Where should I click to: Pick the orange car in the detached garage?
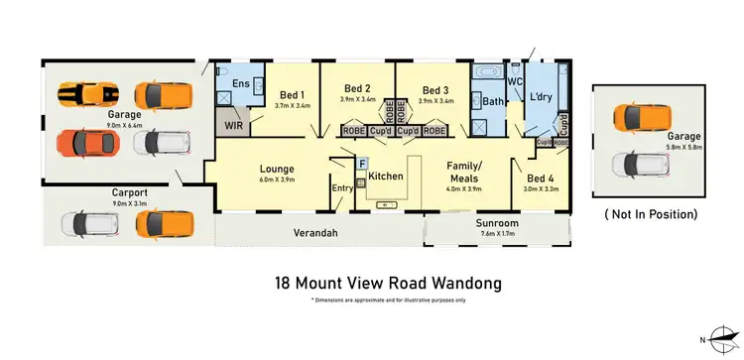coord(640,116)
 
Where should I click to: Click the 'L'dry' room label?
coord(542,96)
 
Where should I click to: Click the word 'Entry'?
coord(342,188)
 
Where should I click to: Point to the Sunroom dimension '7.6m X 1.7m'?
coord(497,235)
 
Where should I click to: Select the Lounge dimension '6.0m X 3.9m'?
coord(278,179)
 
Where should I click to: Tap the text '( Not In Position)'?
coord(651,213)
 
